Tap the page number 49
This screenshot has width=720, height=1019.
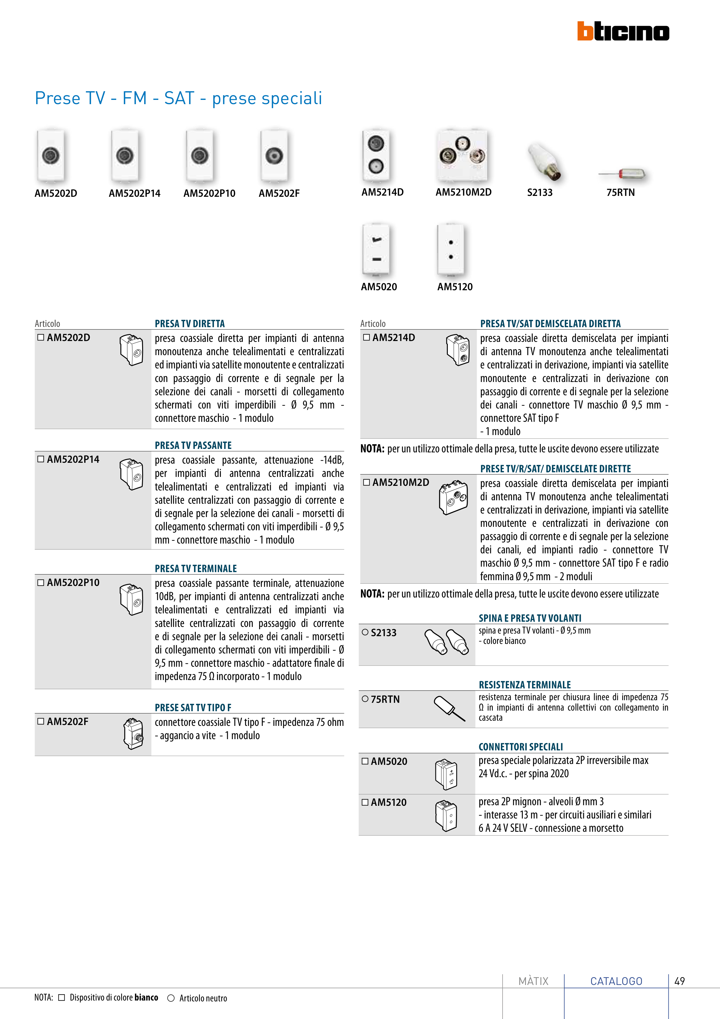click(679, 981)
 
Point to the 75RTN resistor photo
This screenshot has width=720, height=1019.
click(623, 174)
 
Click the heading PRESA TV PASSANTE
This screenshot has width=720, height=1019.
click(193, 445)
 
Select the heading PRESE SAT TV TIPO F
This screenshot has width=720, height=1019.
click(193, 707)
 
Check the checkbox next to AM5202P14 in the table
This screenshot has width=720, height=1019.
click(41, 459)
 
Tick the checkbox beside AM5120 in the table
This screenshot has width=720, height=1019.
click(365, 802)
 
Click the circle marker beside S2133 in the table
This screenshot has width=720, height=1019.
click(365, 632)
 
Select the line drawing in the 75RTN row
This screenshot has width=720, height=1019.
click(449, 708)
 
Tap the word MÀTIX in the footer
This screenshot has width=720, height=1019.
click(533, 981)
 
